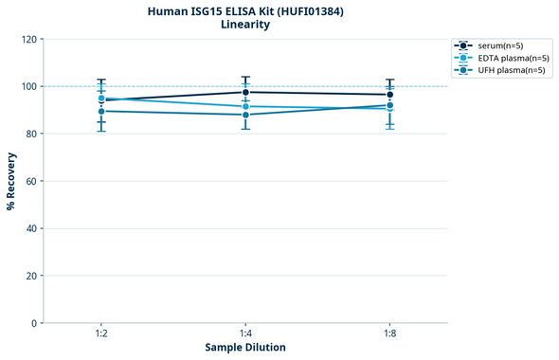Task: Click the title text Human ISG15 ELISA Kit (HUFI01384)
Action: click(x=245, y=10)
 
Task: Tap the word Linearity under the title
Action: click(x=245, y=25)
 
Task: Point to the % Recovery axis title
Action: click(x=11, y=180)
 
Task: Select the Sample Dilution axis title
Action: click(x=245, y=348)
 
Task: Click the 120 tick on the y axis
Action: click(x=28, y=39)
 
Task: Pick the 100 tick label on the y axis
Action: click(x=28, y=86)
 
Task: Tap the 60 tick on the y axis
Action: click(x=31, y=181)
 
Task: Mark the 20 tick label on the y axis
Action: click(x=31, y=276)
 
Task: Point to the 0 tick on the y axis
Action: click(x=34, y=323)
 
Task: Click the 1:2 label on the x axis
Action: click(x=101, y=334)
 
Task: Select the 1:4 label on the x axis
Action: click(x=245, y=334)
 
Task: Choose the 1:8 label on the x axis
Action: click(x=389, y=334)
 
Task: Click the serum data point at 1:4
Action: click(x=245, y=92)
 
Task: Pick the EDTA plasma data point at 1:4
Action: click(x=245, y=106)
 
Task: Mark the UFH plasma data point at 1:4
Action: click(x=245, y=115)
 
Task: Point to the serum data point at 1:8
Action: click(x=389, y=95)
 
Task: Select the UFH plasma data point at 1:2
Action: click(x=101, y=111)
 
